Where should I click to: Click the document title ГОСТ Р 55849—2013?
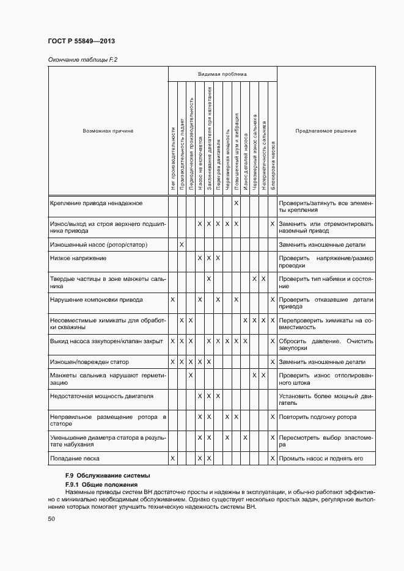coord(81,42)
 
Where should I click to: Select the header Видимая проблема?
coord(222,74)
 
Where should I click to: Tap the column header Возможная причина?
coord(108,131)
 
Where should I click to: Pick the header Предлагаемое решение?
coord(325,131)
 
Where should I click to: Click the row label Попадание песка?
coord(75,458)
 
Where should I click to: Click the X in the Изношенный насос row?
coord(182,245)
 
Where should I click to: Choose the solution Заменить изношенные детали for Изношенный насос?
coord(321,245)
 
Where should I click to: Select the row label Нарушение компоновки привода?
coord(96,300)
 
